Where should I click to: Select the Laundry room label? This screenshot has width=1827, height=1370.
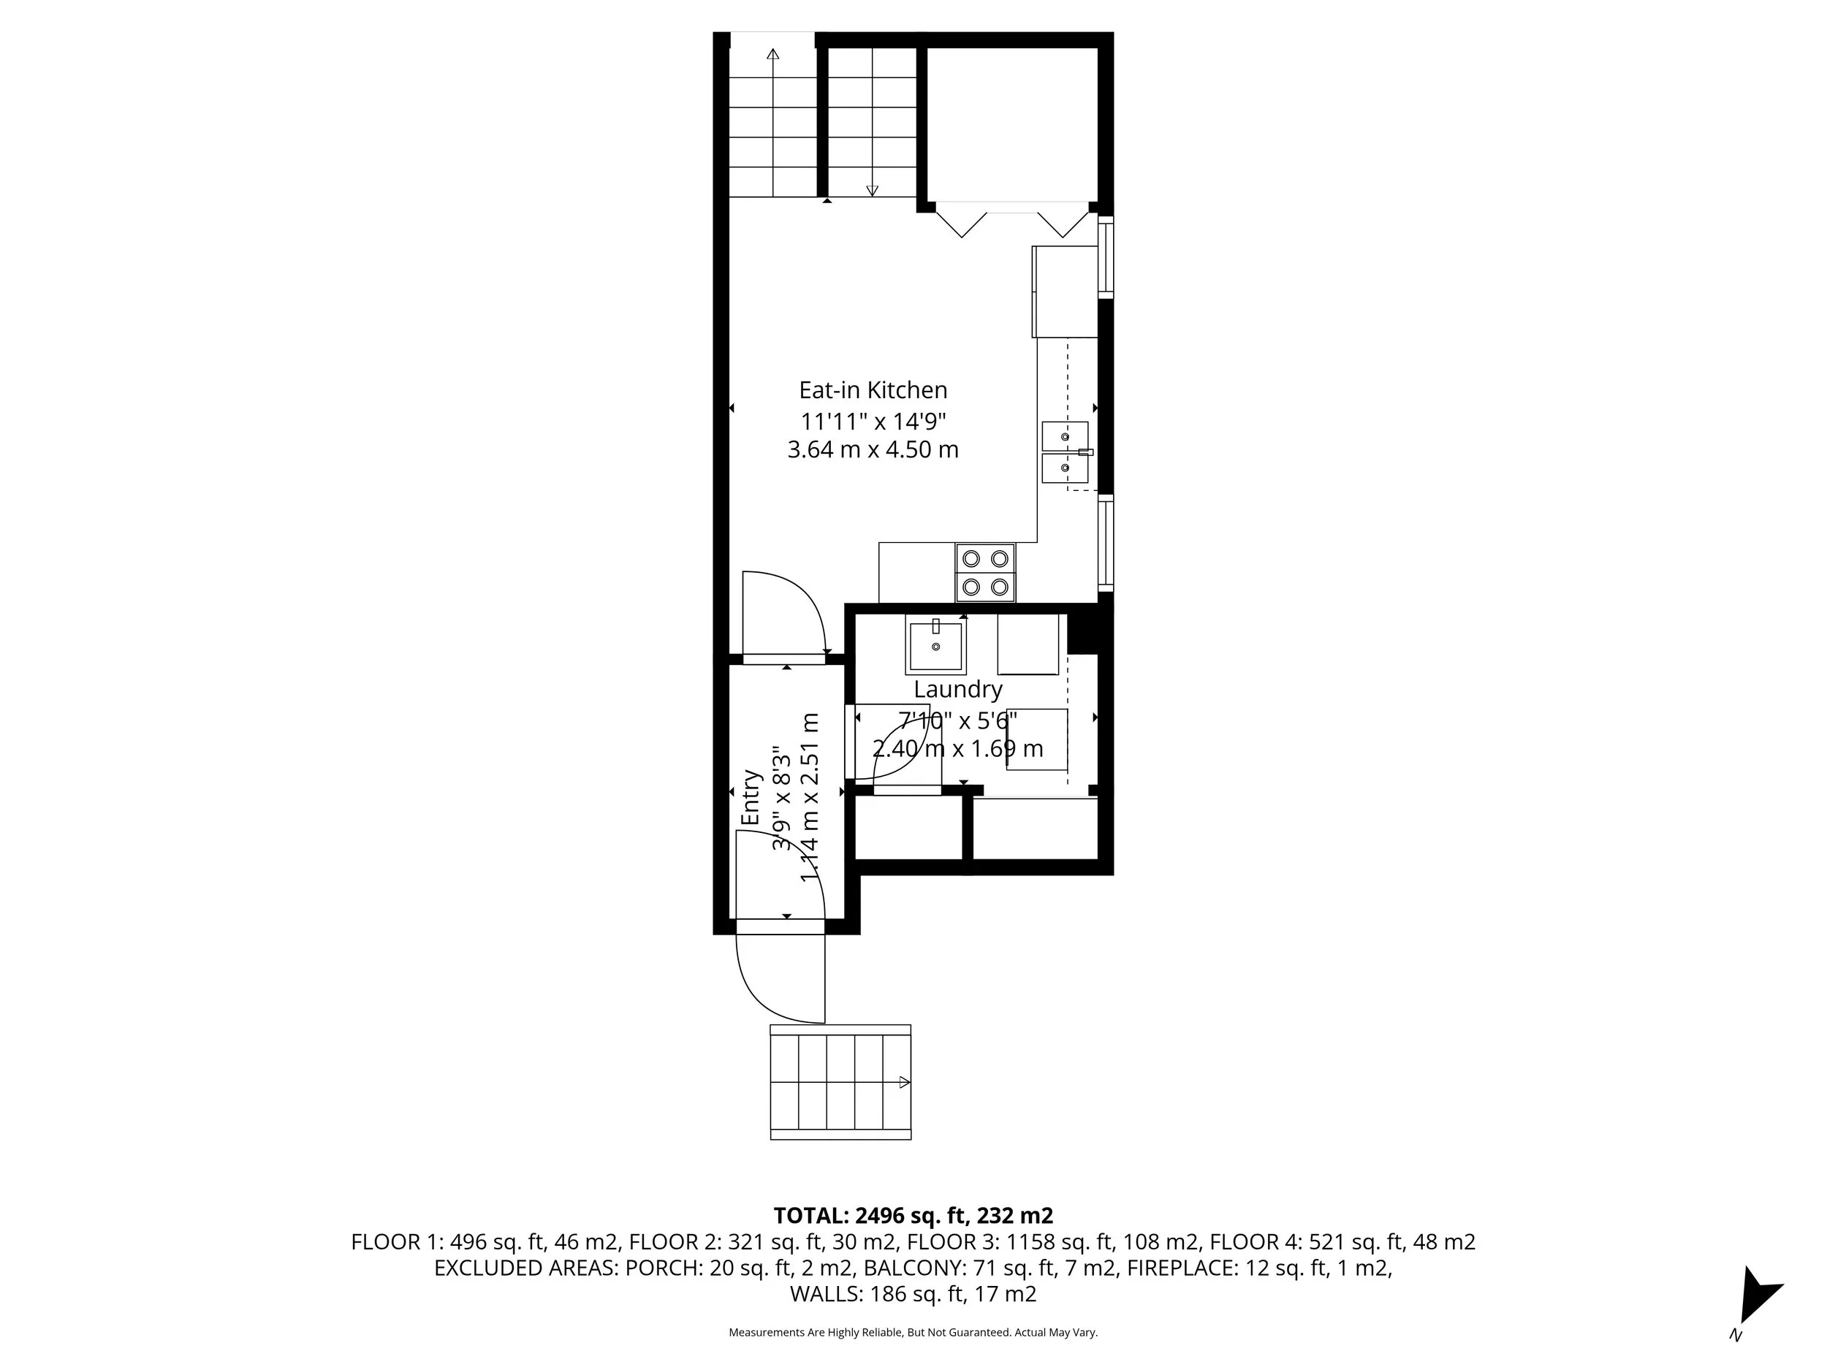(957, 689)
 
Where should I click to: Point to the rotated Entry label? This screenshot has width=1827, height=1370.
(750, 797)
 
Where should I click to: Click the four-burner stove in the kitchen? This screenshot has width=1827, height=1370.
(985, 572)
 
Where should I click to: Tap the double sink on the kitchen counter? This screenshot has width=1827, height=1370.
(1065, 452)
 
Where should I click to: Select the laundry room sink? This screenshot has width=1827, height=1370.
(936, 645)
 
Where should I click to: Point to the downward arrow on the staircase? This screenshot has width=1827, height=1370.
(871, 189)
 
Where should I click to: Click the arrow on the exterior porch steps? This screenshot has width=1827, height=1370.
(903, 1082)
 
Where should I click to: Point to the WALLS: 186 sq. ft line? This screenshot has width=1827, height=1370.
(913, 1294)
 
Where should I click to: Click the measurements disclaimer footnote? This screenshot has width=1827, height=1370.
(913, 1332)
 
